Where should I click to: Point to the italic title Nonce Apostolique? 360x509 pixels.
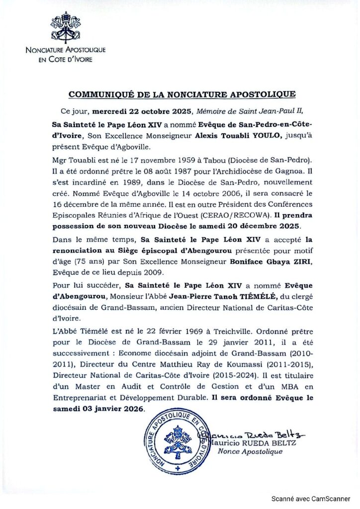(x=250, y=451)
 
